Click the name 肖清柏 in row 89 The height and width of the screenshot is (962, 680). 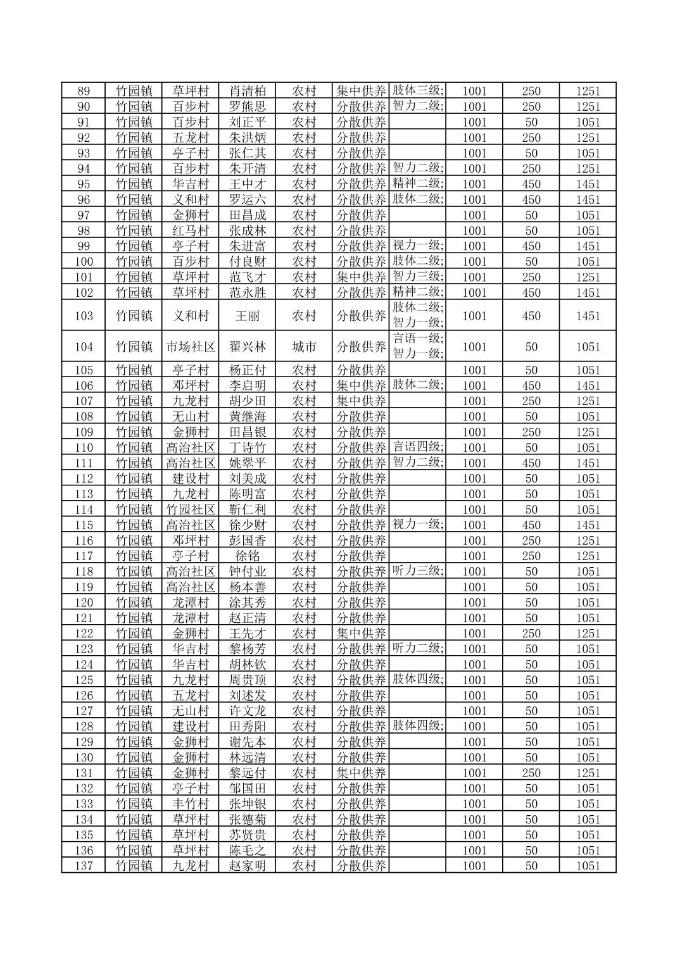[247, 91]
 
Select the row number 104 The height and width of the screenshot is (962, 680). [84, 347]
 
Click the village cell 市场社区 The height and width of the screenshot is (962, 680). [191, 347]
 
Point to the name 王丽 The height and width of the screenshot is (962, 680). [247, 316]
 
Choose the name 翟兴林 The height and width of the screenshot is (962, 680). [247, 347]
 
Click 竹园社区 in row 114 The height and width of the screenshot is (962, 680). [191, 509]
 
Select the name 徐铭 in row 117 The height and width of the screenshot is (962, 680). [247, 556]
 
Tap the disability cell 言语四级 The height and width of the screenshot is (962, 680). [417, 447]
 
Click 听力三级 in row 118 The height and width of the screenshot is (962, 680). [417, 571]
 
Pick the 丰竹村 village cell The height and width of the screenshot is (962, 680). [191, 804]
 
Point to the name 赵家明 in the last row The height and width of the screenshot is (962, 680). [247, 866]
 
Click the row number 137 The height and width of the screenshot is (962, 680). [84, 866]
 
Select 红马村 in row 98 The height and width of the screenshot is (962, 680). [191, 230]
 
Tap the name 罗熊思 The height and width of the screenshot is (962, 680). [247, 106]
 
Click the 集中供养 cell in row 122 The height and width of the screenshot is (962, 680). [360, 634]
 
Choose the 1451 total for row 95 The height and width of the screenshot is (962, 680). [588, 184]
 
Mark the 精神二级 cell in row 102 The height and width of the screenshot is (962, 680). [417, 292]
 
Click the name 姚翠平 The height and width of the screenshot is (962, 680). [247, 463]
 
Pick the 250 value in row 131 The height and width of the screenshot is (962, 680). [531, 773]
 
